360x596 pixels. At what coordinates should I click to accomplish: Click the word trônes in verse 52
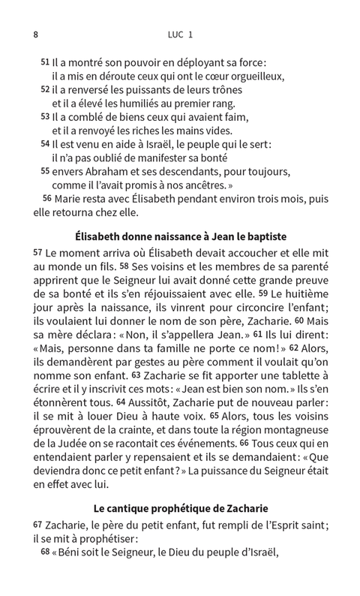pyautogui.click(x=213, y=90)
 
